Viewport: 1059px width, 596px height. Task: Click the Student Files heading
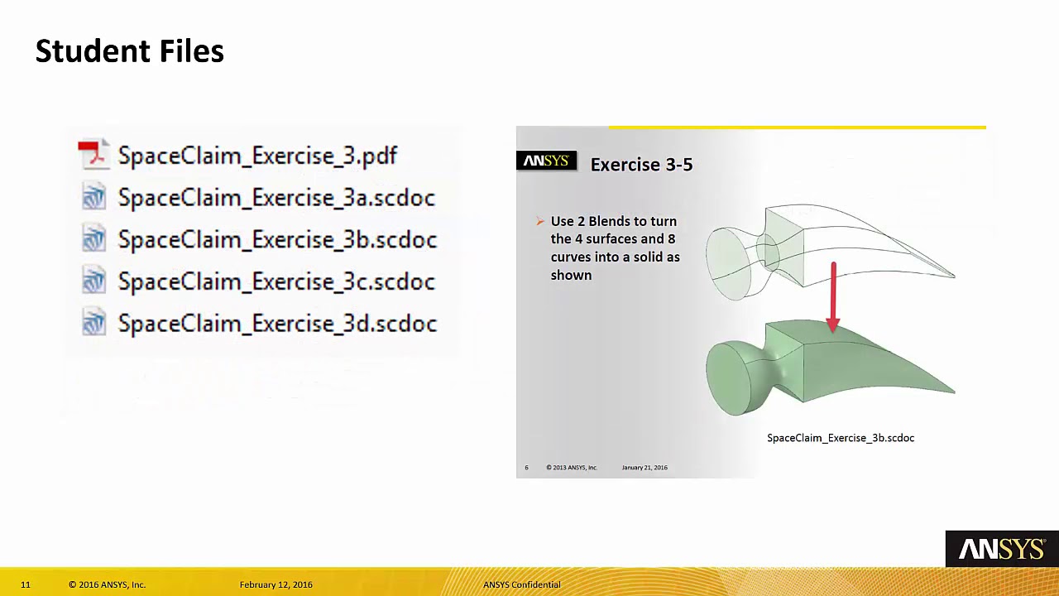130,51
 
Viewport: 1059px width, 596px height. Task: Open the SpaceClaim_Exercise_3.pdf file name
257,156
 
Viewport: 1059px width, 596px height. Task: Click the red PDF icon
93,155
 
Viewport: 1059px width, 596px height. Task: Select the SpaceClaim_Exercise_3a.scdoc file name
276,198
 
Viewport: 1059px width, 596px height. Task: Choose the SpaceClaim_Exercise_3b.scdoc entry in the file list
277,240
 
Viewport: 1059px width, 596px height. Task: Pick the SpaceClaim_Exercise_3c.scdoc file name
276,282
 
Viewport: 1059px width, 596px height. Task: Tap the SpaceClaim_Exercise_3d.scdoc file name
277,324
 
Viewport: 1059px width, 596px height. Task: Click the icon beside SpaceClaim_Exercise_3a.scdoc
93,197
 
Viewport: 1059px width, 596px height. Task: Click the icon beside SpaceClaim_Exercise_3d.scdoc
93,323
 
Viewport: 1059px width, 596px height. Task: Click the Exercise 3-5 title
641,165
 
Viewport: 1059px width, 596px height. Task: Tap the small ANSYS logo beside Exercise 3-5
546,161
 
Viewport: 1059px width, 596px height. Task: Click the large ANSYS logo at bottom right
1001,549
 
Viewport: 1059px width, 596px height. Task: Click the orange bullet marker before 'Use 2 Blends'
540,221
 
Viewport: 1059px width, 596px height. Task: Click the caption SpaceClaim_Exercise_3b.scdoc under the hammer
840,438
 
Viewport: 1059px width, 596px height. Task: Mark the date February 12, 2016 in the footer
276,584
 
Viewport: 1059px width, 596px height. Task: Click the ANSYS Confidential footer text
521,584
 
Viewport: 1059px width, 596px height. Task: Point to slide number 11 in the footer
26,584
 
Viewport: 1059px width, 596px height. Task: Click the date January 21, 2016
645,468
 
